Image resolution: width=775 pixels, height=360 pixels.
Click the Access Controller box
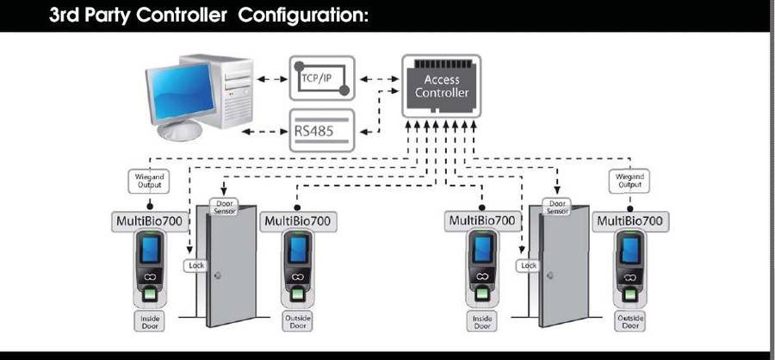[441, 86]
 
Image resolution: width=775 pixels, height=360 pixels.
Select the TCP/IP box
[321, 78]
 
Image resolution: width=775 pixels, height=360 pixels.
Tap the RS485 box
[321, 130]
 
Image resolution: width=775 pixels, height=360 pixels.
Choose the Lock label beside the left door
[195, 266]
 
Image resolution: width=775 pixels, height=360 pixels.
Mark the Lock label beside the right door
[527, 266]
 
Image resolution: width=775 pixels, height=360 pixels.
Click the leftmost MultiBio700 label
[151, 221]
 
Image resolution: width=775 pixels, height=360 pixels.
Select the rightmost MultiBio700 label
[629, 221]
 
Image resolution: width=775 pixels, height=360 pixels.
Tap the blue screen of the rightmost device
[629, 250]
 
